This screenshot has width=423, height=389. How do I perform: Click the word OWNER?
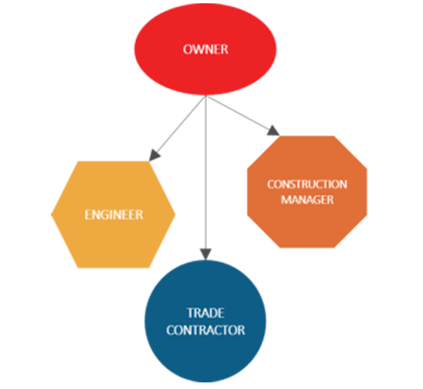tap(206, 49)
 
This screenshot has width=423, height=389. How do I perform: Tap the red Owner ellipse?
tap(205, 49)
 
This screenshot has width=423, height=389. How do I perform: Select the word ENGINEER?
tap(114, 215)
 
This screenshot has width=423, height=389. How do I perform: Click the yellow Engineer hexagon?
tap(113, 214)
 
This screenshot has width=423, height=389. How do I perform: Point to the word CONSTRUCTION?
tap(307, 185)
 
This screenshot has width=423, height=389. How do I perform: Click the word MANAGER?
tap(307, 199)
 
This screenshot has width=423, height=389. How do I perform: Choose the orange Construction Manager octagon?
tap(307, 192)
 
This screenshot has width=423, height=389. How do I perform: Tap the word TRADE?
tap(206, 313)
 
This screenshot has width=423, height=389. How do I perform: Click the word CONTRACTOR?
tap(206, 330)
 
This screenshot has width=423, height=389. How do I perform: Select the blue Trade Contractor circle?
tap(205, 321)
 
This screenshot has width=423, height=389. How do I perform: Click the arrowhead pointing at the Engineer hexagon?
tap(154, 156)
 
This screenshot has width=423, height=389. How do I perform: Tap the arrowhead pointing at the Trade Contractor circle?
tap(206, 254)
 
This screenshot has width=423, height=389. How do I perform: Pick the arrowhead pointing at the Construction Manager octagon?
tap(273, 130)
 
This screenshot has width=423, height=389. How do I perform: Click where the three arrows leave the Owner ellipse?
tap(206, 95)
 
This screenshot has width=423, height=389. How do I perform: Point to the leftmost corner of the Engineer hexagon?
tap(51, 214)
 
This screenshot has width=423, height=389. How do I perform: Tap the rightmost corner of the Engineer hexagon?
tap(175, 214)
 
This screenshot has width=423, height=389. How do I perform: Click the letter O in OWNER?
tap(188, 49)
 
